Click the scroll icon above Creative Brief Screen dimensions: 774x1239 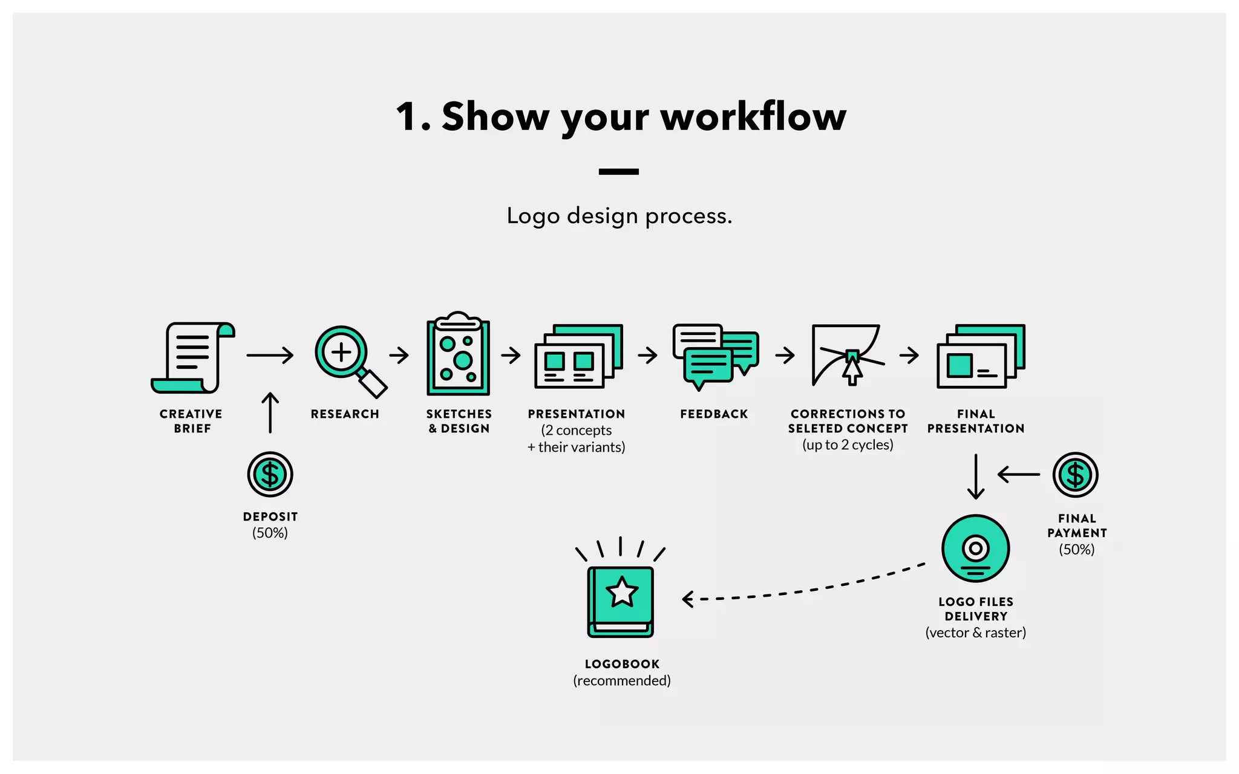(x=192, y=358)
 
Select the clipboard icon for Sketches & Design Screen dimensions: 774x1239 (x=459, y=357)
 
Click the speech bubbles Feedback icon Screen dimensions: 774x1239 (x=715, y=357)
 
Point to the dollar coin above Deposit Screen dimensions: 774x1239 (x=270, y=475)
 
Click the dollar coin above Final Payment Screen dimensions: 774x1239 (x=1075, y=475)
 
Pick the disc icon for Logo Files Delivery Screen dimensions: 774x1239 (x=975, y=548)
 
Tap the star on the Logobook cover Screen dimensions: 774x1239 (x=621, y=592)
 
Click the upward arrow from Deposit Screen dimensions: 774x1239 (x=270, y=413)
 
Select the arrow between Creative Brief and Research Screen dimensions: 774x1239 (x=270, y=355)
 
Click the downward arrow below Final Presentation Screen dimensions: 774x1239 (x=975, y=476)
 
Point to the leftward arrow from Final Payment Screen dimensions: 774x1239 (x=1019, y=475)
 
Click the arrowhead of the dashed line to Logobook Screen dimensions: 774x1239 (x=687, y=599)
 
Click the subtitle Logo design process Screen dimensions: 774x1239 (x=619, y=216)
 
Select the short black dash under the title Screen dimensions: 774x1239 (x=618, y=172)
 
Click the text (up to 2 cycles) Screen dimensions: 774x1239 (x=848, y=445)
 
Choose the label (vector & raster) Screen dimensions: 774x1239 (x=975, y=633)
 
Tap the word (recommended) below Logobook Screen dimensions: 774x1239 (x=621, y=681)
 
